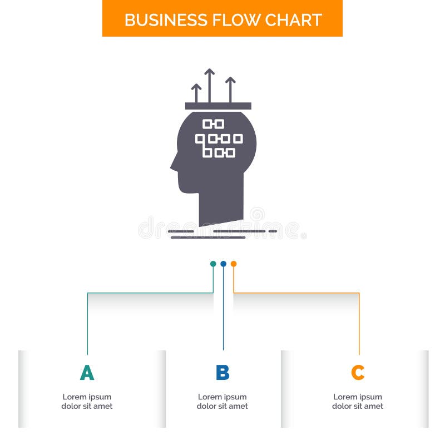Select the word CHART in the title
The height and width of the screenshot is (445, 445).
(x=294, y=20)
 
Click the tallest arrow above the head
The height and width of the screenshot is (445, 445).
(x=210, y=86)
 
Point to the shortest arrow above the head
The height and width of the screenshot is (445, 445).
(x=196, y=93)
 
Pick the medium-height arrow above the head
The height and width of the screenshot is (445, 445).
(x=230, y=90)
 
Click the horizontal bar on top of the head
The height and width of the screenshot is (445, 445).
(x=218, y=106)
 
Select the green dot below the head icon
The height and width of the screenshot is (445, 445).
(x=213, y=264)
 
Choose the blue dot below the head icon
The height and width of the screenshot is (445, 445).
(x=224, y=264)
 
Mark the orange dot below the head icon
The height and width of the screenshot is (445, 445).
(x=234, y=264)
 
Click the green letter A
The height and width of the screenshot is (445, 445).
(x=87, y=372)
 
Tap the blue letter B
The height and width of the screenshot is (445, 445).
(x=222, y=372)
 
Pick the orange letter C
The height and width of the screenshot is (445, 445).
(x=358, y=372)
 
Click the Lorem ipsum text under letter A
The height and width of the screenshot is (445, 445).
(x=87, y=401)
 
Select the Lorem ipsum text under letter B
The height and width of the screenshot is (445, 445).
(x=222, y=401)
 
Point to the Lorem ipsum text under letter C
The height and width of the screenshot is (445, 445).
(x=358, y=401)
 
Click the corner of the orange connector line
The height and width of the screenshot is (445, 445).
(x=359, y=293)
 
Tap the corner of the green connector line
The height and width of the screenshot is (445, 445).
(x=87, y=293)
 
